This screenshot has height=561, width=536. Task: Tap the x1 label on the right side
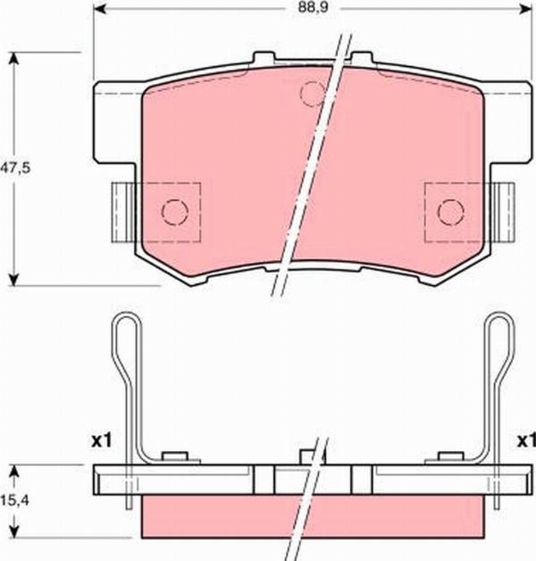[x=523, y=440]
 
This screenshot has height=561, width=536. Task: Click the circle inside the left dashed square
[x=173, y=212]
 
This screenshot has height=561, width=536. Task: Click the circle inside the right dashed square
[x=451, y=212]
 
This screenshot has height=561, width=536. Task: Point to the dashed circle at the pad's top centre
[x=313, y=93]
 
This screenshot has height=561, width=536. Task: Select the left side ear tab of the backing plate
[x=120, y=211]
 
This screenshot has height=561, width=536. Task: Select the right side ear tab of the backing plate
[x=505, y=211]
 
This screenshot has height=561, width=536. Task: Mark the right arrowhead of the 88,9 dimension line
[x=524, y=10]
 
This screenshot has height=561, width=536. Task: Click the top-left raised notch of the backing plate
[x=263, y=59]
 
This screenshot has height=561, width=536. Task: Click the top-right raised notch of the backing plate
[x=361, y=59]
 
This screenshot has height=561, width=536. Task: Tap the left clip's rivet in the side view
[x=177, y=458]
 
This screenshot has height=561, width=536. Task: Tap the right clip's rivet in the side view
[x=447, y=458]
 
